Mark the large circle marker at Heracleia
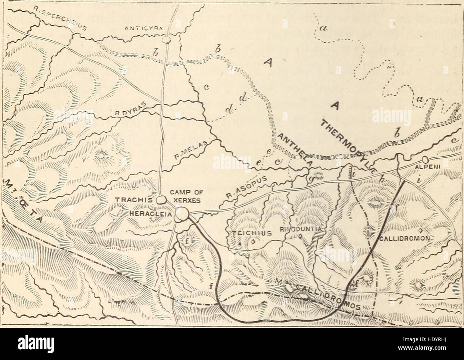pos(182,214)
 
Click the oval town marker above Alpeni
pos(425,159)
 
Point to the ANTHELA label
pos(295,150)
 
